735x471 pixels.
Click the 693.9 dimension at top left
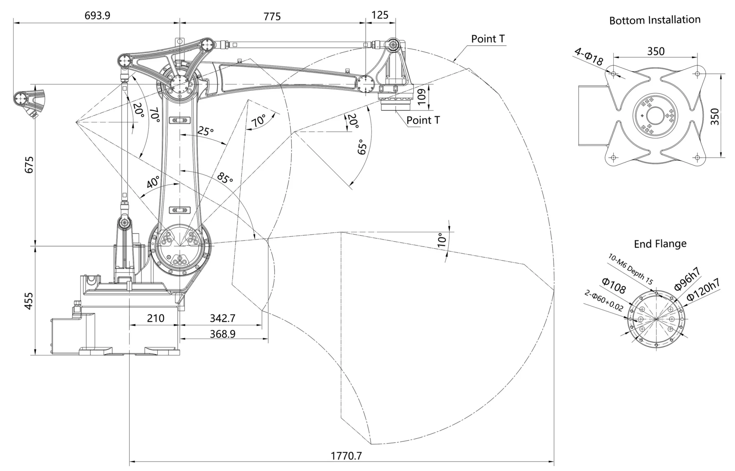click(97, 15)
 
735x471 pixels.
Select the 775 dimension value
click(272, 17)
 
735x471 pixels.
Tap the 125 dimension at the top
click(380, 15)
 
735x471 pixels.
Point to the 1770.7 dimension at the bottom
click(346, 456)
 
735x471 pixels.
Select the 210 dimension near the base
click(156, 318)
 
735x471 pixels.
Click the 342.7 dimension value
click(223, 318)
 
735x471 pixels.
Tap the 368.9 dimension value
click(223, 334)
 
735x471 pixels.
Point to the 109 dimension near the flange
click(422, 96)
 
